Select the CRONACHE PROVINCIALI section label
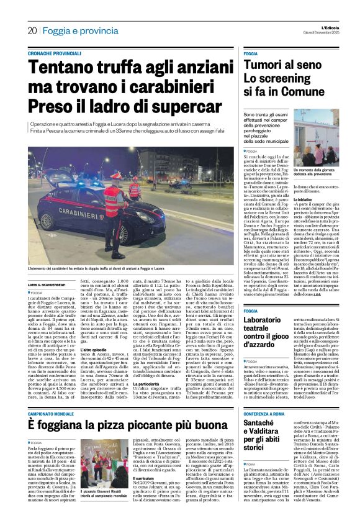(56, 55)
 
